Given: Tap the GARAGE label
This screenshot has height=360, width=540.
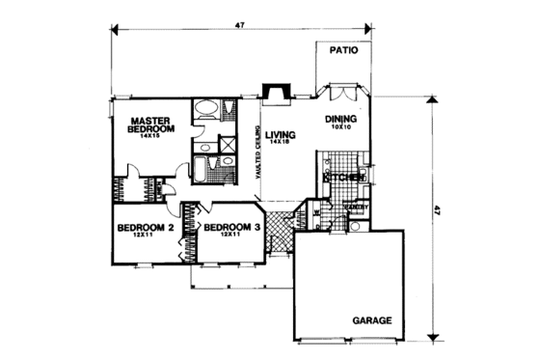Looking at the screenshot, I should pyautogui.click(x=371, y=319).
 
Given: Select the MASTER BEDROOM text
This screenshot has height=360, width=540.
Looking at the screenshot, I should pyautogui.click(x=150, y=125).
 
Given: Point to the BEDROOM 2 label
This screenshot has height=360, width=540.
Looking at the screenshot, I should pyautogui.click(x=145, y=229).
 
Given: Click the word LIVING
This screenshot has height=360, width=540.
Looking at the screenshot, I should pyautogui.click(x=281, y=135).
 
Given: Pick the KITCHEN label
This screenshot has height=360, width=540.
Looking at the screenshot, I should pyautogui.click(x=343, y=179).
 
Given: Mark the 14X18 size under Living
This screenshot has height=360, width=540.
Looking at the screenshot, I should pyautogui.click(x=281, y=144).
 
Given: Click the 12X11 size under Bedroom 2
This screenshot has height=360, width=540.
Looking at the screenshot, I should pyautogui.click(x=146, y=237).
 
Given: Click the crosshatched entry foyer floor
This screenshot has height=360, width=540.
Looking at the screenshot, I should pyautogui.click(x=280, y=229).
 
